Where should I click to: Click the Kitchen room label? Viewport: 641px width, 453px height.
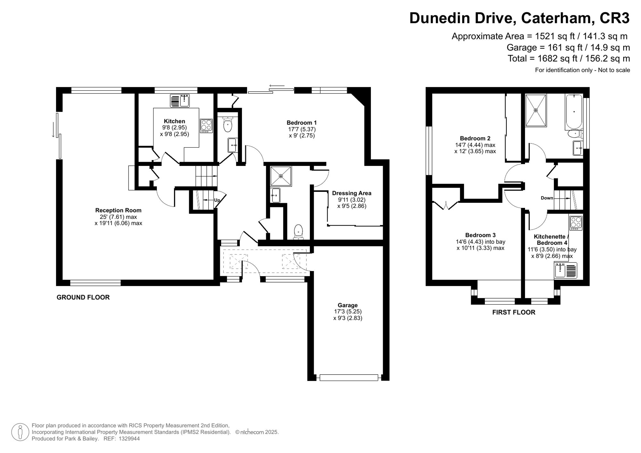(174, 121)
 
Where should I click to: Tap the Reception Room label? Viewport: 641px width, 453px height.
(118, 210)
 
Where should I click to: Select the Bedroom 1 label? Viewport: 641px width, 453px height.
(302, 122)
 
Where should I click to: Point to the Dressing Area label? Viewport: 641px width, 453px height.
(352, 193)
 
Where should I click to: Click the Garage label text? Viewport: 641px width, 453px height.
(347, 305)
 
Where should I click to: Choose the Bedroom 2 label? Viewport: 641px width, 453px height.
(475, 138)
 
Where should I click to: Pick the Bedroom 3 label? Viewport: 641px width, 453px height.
(480, 235)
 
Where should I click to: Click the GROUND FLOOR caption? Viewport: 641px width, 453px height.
(83, 297)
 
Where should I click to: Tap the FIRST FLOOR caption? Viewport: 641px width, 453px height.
(514, 312)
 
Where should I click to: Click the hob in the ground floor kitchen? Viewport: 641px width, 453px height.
(206, 126)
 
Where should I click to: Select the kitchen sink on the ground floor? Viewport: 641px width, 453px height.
(180, 101)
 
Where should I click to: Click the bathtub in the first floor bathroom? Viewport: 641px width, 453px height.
(574, 112)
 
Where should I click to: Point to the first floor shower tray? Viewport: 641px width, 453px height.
(536, 110)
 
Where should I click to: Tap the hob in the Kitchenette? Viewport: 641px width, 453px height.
(576, 223)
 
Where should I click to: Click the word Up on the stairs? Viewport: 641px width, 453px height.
(217, 200)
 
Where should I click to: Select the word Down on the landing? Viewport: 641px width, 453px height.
(547, 198)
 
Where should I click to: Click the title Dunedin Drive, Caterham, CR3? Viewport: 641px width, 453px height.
(520, 18)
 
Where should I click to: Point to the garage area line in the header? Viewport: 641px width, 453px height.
(568, 47)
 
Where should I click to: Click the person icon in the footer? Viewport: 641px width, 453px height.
(21, 432)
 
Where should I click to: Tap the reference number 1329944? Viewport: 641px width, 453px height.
(129, 439)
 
